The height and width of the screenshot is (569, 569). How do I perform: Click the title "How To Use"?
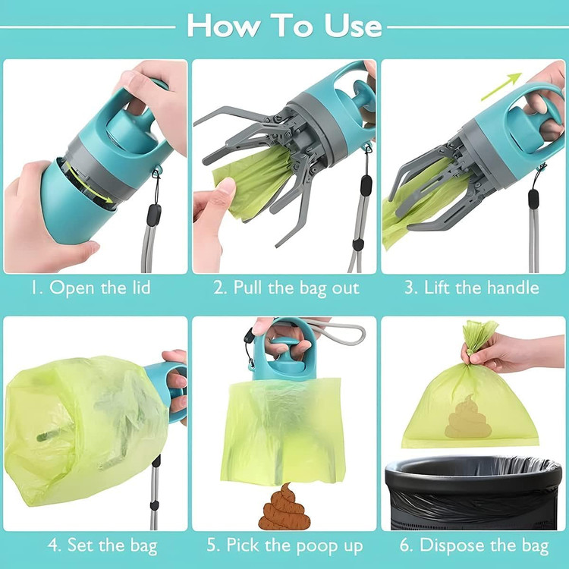(284, 25)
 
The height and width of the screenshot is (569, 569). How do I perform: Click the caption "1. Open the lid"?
(90, 288)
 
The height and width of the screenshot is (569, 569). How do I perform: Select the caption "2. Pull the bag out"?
(286, 288)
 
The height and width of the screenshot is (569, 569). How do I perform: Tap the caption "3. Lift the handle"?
(472, 288)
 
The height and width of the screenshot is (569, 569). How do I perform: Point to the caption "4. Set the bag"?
(102, 545)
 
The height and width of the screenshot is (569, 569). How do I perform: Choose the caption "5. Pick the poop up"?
(284, 545)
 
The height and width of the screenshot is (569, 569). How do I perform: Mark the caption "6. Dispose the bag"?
(474, 545)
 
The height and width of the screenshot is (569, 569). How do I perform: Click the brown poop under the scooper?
(284, 507)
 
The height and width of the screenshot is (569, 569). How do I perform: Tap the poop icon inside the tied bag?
(468, 417)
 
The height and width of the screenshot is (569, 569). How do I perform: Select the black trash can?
(473, 493)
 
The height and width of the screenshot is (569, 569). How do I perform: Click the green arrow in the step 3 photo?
(501, 86)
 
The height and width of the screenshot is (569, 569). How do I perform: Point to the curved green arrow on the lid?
(89, 184)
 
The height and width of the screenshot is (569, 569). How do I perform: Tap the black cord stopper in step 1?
(154, 215)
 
